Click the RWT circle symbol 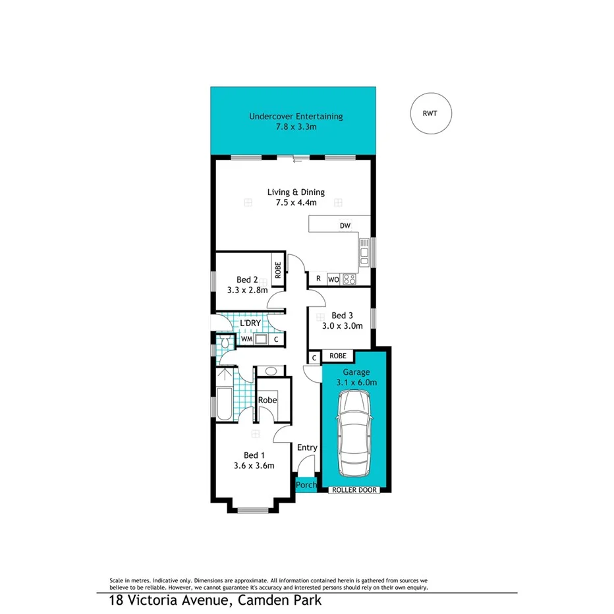click(x=432, y=113)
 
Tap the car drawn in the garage click(x=354, y=433)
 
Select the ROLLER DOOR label click(x=354, y=490)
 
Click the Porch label click(x=306, y=486)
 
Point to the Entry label click(x=307, y=448)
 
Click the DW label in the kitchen click(x=345, y=226)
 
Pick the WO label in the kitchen click(x=333, y=279)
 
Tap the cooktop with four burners click(x=349, y=279)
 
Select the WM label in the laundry click(x=246, y=339)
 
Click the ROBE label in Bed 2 click(x=278, y=269)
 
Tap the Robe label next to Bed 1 click(x=267, y=400)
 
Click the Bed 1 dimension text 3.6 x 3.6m click(x=254, y=466)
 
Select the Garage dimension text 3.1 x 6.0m click(x=354, y=381)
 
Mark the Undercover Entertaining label click(x=296, y=117)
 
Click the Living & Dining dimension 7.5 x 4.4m click(x=296, y=203)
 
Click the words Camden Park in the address click(x=276, y=600)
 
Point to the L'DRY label click(x=250, y=323)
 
